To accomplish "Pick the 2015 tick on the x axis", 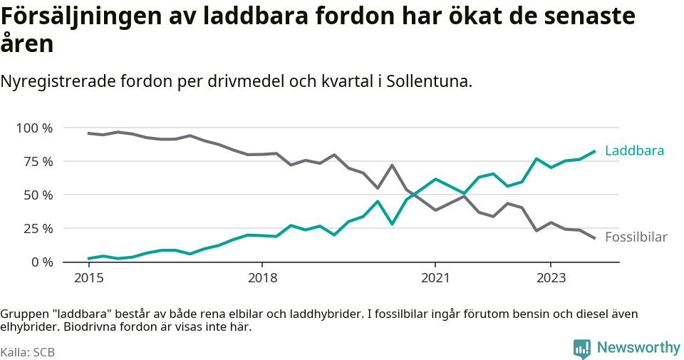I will (88, 277).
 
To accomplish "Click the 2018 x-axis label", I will (262, 277).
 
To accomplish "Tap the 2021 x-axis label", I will (435, 277).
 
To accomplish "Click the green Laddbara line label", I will (634, 151).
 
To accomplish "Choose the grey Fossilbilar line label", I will (636, 237).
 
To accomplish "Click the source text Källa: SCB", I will (28, 352).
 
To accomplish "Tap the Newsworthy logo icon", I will (581, 349).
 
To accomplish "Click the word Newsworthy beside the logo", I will (638, 348).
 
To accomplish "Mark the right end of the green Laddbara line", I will (595, 151).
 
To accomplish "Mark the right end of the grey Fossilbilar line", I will (595, 238).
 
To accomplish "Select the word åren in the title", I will (27, 45).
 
